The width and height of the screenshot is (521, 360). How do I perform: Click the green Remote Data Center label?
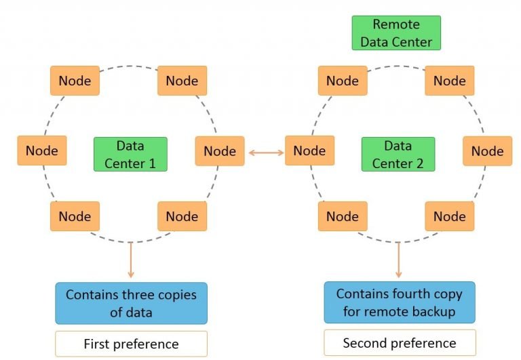(x=396, y=33)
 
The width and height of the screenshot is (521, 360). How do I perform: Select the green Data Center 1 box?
(x=130, y=154)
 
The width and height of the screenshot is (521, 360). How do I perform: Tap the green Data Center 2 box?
(x=397, y=154)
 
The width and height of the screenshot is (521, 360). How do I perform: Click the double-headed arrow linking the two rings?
(x=266, y=153)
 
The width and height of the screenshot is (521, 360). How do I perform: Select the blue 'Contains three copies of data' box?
(x=130, y=303)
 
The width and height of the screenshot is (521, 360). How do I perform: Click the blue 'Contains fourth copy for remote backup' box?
(x=399, y=302)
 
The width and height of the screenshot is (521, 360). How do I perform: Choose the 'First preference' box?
(x=130, y=344)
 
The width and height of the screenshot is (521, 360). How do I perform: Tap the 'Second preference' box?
(x=400, y=342)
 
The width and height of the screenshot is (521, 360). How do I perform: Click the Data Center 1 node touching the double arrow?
(x=219, y=151)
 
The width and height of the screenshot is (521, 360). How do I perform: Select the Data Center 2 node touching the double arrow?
(x=309, y=151)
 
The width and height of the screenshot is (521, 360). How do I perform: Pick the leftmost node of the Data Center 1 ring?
(x=42, y=151)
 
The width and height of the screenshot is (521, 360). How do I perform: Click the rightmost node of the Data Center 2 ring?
(x=487, y=151)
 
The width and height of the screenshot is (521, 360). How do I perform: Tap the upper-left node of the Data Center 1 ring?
(x=75, y=81)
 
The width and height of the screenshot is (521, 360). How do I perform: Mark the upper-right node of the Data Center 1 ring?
(x=182, y=81)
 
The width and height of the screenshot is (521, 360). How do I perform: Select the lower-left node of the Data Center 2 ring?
(x=342, y=216)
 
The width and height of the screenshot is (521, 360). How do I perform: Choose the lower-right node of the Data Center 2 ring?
(x=449, y=216)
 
